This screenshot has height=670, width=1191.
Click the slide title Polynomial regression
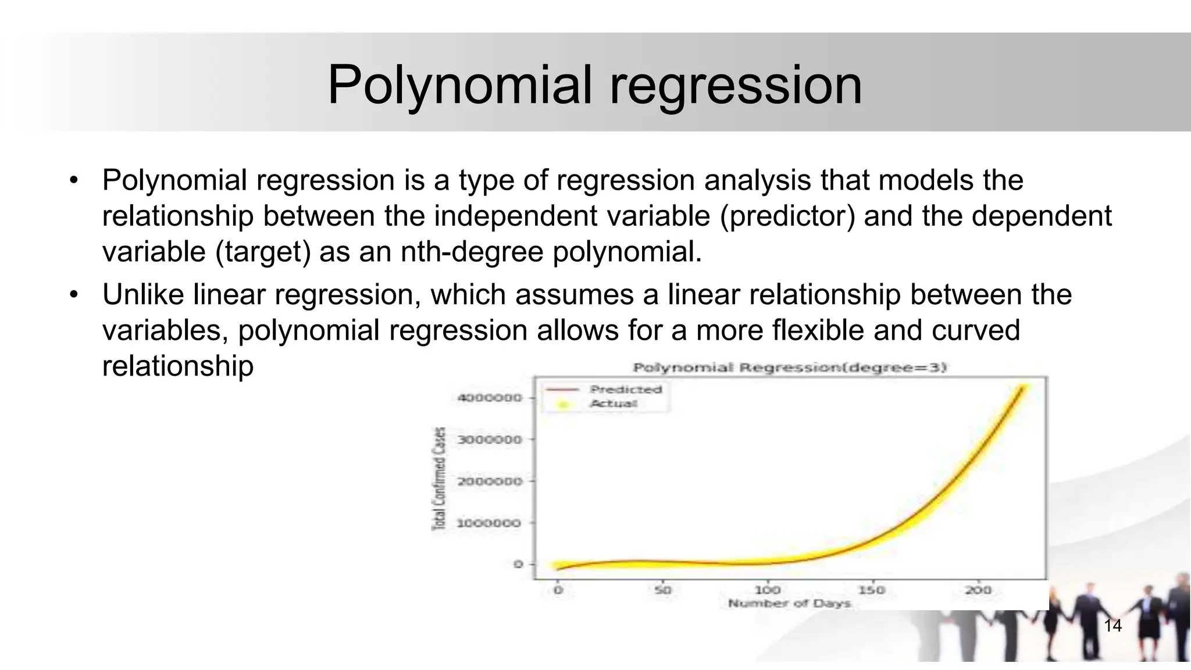(x=594, y=85)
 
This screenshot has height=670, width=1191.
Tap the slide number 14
(x=1112, y=626)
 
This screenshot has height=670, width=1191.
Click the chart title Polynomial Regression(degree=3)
(x=790, y=368)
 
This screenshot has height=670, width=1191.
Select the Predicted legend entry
(x=626, y=389)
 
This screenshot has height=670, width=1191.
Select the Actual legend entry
(x=614, y=404)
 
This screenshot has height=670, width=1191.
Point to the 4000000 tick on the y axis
(x=490, y=398)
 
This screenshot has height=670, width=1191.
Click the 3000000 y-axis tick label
(x=490, y=440)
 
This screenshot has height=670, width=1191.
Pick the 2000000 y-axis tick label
(x=490, y=482)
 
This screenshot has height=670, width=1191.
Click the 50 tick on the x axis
(x=662, y=590)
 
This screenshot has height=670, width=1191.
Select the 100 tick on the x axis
(x=768, y=590)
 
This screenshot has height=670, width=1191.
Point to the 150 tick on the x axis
(x=872, y=590)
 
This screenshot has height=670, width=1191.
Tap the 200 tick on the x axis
(x=978, y=590)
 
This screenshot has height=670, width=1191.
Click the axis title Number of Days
(x=789, y=604)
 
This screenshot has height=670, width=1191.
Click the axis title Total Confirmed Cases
(x=440, y=479)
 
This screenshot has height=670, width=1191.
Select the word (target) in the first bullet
(x=263, y=252)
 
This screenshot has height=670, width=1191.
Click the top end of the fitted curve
(x=1022, y=387)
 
